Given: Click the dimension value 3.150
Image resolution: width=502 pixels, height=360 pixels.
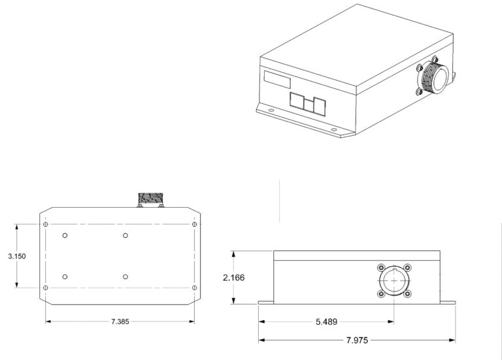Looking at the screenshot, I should tap(17, 257).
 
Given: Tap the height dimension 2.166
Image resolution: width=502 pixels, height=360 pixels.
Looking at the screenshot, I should tap(234, 278).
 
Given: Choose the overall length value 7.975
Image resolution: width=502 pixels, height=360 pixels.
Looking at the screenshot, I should tap(357, 340).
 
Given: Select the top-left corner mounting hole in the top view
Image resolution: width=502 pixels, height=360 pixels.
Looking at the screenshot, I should tap(45, 225).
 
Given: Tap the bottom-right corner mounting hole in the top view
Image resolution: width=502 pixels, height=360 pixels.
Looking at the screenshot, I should tap(194, 287).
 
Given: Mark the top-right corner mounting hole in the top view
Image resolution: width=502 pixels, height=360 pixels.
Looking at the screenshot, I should tap(194, 225).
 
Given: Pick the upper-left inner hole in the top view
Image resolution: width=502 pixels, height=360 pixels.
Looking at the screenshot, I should tap(65, 236).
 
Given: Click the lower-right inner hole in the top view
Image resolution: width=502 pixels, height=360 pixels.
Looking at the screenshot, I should tap(125, 276).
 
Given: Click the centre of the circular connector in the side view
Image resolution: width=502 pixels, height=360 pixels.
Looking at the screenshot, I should tap(393, 280).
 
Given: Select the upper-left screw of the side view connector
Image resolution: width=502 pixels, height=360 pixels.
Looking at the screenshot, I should tap(380, 267).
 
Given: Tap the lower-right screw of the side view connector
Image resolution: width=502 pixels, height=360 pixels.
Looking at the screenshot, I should tap(407, 294).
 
